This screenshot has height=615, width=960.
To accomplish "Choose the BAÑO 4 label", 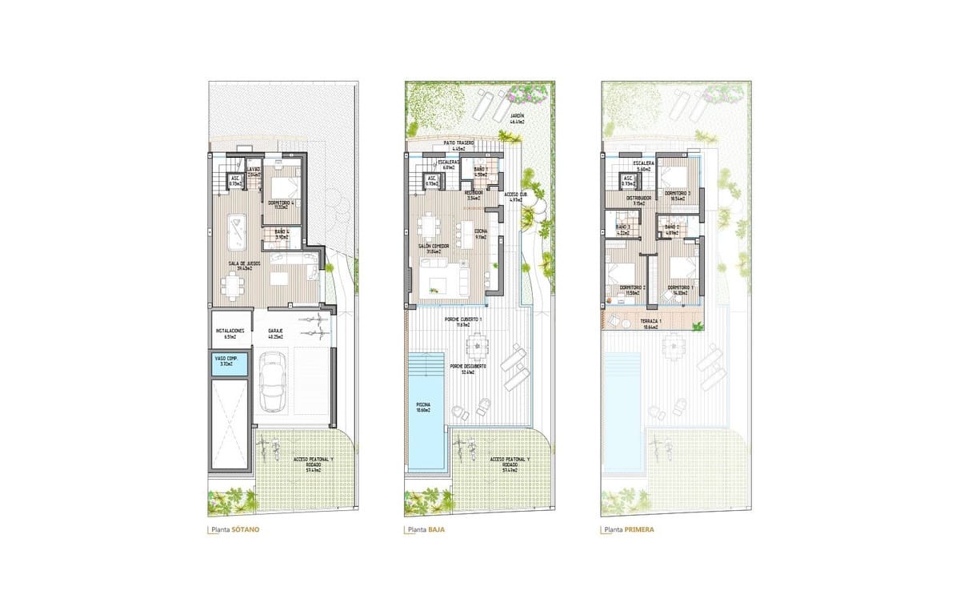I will point(282,233).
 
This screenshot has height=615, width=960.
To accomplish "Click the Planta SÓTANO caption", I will point(235,530).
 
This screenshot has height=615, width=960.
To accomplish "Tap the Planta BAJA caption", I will point(426,530).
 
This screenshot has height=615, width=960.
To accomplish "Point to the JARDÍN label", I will point(518,117).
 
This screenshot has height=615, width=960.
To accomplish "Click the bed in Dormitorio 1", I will point(682,267).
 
